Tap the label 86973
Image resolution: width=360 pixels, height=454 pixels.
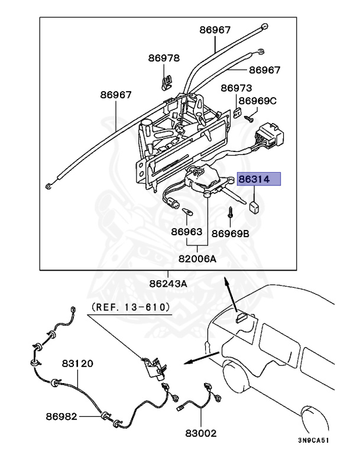tap(236, 88)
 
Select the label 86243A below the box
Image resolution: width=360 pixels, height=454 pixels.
tap(167, 283)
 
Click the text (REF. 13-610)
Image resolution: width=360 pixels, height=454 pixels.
tap(130, 307)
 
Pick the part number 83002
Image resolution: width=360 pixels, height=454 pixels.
tap(201, 433)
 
